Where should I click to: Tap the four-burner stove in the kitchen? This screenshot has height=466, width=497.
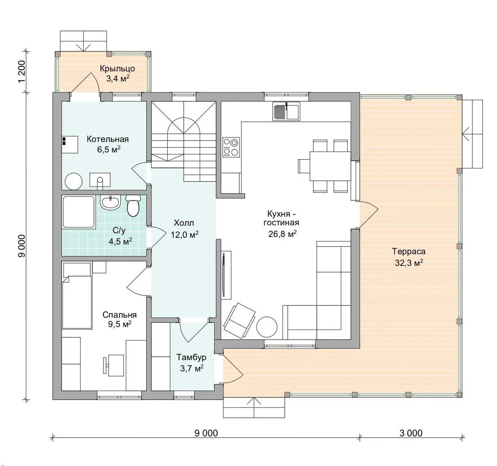231,147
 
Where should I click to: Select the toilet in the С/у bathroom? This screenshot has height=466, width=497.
133,205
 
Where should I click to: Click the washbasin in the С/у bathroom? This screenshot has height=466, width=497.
110,202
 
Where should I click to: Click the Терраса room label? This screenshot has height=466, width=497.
409,252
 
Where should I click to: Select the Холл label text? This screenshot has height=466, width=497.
184,223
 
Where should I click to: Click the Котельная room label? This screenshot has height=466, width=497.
108,139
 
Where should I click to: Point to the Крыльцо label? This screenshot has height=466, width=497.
118,69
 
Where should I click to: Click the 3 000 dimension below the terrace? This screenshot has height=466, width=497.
411,433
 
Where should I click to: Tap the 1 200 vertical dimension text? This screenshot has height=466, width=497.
22,71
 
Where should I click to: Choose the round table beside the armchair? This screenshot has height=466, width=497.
267,327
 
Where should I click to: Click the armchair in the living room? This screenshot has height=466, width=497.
239,321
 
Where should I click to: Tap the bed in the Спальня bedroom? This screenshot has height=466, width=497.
77,296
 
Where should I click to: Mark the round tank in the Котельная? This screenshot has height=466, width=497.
73,182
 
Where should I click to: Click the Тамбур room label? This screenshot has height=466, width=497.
192,357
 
